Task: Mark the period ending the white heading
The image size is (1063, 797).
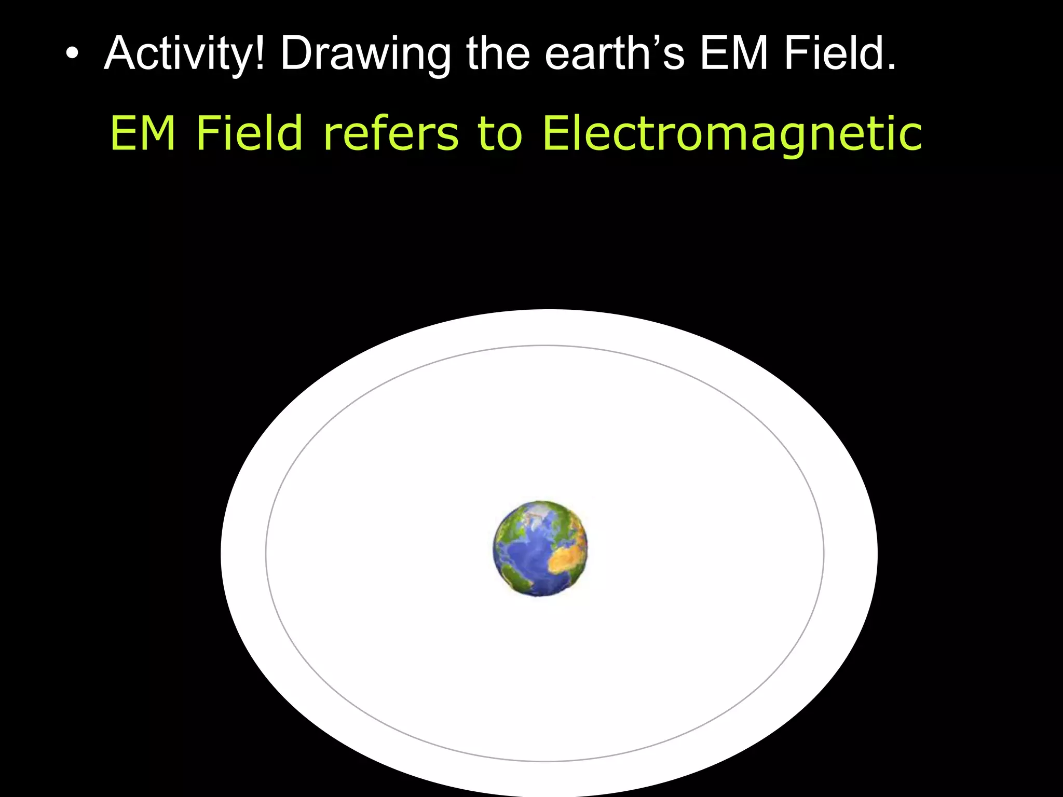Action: click(x=891, y=66)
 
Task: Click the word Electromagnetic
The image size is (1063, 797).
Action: click(x=732, y=134)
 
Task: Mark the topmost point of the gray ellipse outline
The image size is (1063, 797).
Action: click(x=545, y=346)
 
